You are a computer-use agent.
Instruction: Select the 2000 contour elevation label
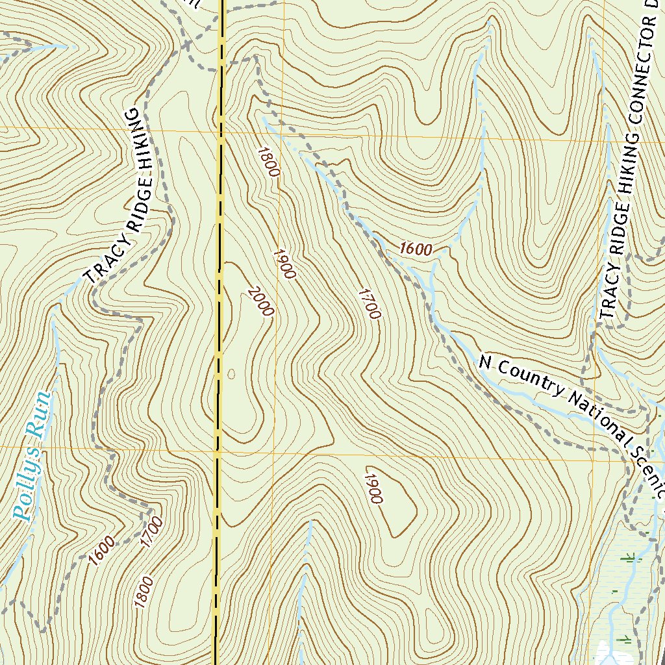pyautogui.click(x=260, y=302)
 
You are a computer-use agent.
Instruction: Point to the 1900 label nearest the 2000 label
pyautogui.click(x=284, y=264)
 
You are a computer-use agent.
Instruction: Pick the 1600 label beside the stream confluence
pyautogui.click(x=416, y=249)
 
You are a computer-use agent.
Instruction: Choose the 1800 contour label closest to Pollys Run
pyautogui.click(x=144, y=592)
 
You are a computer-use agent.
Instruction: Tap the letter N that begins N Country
pyautogui.click(x=484, y=361)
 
